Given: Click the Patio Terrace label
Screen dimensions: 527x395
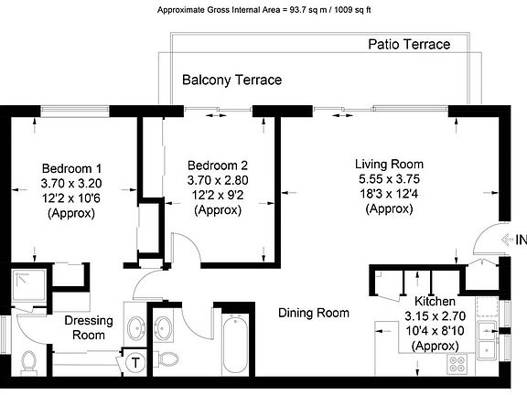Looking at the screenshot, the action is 409,44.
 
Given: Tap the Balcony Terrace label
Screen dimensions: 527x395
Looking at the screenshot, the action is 231,80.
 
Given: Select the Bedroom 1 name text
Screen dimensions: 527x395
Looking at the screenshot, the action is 71,168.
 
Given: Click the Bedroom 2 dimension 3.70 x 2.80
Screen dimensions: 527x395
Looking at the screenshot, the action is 218,180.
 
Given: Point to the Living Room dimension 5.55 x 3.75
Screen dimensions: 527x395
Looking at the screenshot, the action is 389,179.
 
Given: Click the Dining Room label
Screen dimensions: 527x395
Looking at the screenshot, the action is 314,313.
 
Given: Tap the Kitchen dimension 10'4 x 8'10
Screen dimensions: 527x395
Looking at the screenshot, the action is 435,331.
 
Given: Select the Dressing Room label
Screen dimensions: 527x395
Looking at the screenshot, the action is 89,327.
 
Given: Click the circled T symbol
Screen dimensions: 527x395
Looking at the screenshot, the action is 135,363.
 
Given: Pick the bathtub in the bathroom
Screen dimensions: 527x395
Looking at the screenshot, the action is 235,345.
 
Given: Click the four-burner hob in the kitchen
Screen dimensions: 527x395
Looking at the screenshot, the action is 457,363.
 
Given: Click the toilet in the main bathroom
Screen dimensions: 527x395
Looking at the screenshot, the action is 167,358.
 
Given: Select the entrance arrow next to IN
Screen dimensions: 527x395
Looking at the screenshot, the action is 507,240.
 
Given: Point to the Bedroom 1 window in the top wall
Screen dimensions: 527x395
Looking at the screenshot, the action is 75,111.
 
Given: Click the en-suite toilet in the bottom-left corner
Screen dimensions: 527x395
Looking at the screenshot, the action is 28,362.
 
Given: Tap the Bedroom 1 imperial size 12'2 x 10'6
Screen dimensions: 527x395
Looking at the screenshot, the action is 71,198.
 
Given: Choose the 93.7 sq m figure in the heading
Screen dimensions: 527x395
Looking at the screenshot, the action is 307,10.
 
